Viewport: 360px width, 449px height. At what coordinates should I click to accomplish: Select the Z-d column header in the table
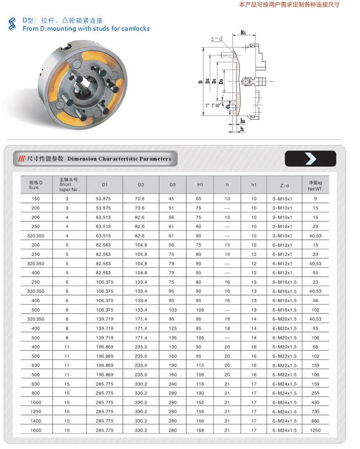coord(284,185)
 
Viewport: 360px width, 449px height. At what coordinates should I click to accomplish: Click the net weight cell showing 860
coord(315,421)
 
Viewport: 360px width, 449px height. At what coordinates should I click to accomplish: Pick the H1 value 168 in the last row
coord(200,430)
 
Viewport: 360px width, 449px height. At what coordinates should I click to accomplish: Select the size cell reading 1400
coord(36,421)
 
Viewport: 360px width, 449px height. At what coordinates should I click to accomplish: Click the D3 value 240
coord(172,384)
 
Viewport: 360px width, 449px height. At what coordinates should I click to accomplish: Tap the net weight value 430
coord(315,402)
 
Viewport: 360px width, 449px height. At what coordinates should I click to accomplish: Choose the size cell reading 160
coord(36,198)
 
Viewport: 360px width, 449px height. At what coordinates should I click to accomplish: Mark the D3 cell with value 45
coord(171,198)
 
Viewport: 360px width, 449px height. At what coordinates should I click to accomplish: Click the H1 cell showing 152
coord(200,402)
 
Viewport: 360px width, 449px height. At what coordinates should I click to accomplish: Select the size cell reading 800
coord(36,393)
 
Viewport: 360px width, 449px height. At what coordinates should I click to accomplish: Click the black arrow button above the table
coord(310,158)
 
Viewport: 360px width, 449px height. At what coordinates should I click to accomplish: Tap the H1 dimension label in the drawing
coord(243,32)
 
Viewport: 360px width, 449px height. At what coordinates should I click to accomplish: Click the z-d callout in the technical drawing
coord(217,39)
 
